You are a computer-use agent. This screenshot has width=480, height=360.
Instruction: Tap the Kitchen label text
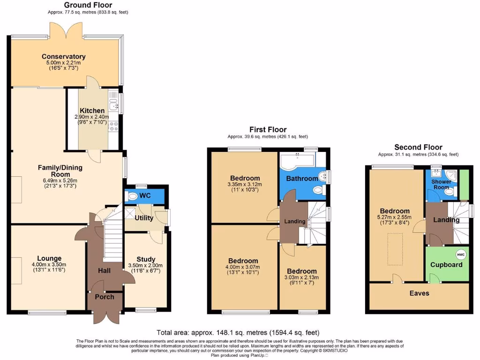pos(92,111)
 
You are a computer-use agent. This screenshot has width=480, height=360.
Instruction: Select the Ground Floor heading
pos(88,5)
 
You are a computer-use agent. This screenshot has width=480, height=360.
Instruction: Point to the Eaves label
pos(419,293)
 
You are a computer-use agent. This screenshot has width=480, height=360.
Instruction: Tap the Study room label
pos(146,259)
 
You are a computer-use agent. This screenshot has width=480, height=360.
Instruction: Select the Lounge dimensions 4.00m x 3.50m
pos(49,264)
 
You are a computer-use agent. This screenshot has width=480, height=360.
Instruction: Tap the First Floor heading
pos(268,129)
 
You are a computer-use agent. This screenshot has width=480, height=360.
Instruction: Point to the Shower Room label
pos(441,184)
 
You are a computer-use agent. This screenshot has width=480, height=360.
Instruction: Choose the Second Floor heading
pos(418,147)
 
